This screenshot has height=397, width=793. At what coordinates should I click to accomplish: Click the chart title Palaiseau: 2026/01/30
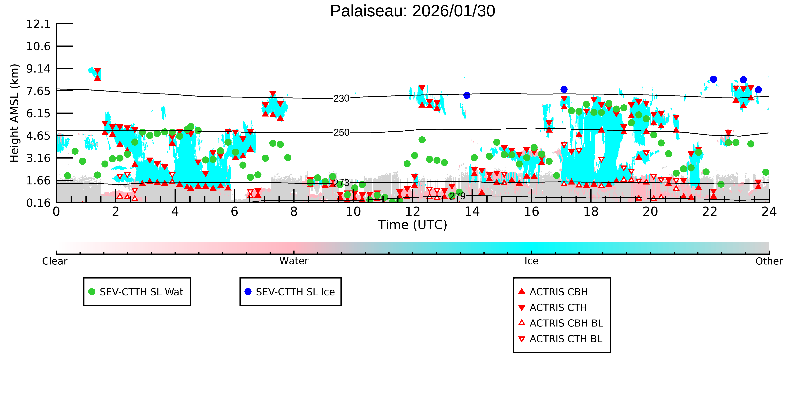pyautogui.click(x=413, y=11)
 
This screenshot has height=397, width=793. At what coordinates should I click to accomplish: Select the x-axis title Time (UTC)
pyautogui.click(x=413, y=225)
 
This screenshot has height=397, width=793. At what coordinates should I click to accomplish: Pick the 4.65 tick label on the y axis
pyautogui.click(x=38, y=136)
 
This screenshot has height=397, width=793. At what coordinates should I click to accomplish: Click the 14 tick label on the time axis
pyautogui.click(x=472, y=212)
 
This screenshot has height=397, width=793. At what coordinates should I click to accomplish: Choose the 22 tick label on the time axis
pyautogui.click(x=710, y=212)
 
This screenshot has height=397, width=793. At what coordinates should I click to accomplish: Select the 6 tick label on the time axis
pyautogui.click(x=234, y=212)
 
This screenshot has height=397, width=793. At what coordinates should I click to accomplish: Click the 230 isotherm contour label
pyautogui.click(x=341, y=99)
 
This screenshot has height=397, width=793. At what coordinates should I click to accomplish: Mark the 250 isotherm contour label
pyautogui.click(x=341, y=133)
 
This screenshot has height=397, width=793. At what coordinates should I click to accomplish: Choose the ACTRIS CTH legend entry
pyautogui.click(x=554, y=308)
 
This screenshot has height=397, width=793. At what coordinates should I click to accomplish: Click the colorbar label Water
pyautogui.click(x=294, y=261)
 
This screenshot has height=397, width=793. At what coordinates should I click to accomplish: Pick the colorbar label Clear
pyautogui.click(x=55, y=261)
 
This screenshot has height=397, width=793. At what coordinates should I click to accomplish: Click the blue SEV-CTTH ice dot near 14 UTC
pyautogui.click(x=467, y=95)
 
